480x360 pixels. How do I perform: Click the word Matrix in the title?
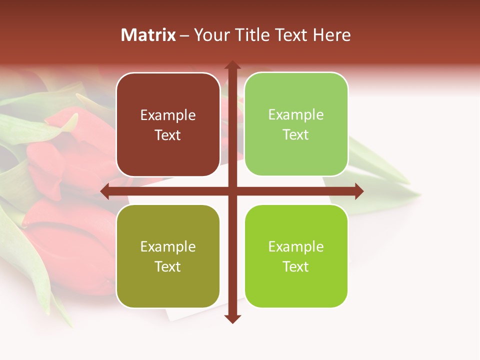[x=148, y=35]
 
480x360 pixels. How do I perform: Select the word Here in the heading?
[x=331, y=35]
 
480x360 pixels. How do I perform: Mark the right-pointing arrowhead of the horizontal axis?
[x=358, y=191]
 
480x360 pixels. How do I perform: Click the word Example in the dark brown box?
[x=168, y=115]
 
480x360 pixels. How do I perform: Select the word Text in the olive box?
[x=168, y=266]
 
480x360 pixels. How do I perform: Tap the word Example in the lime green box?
[x=296, y=246]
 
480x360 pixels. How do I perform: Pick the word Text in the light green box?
[x=296, y=134]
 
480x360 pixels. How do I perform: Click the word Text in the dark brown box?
[x=168, y=135]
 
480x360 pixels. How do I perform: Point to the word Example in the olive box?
[x=168, y=246]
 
